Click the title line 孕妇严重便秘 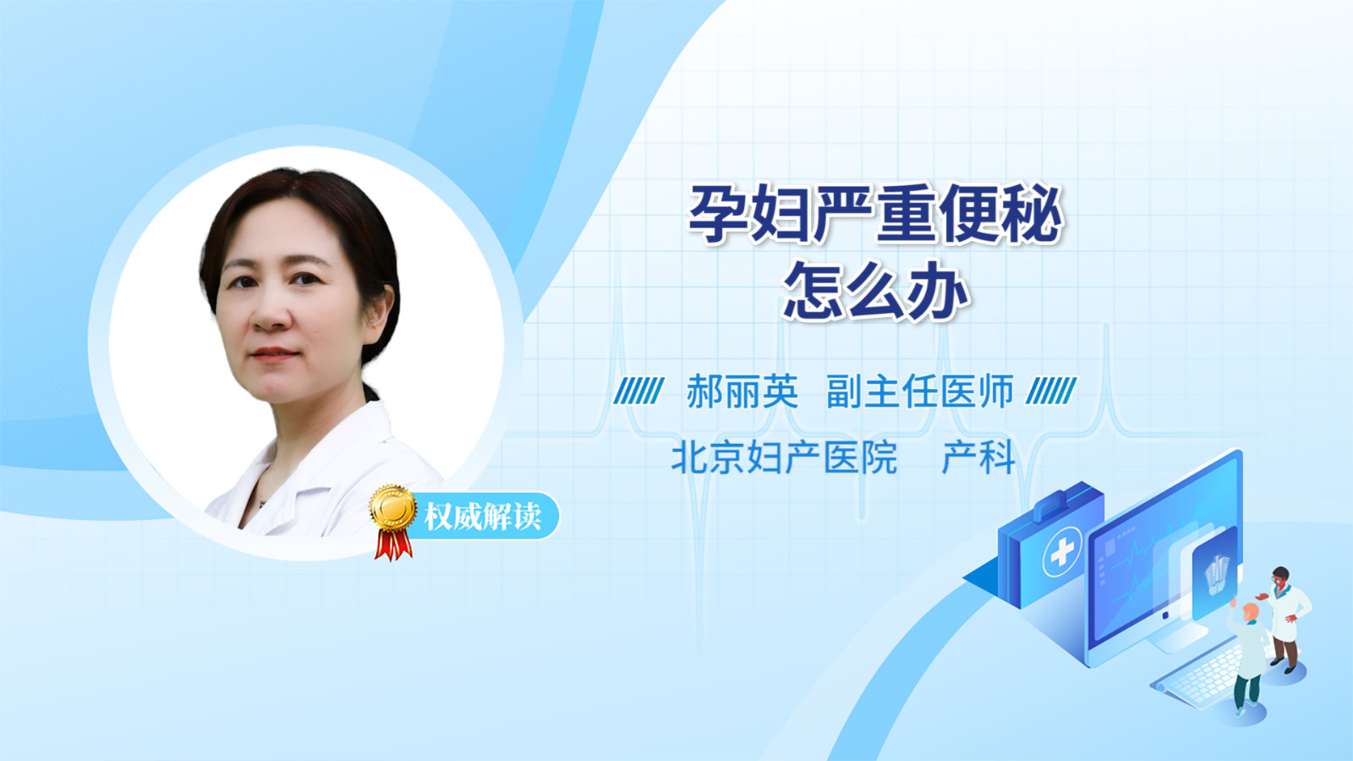[875, 215]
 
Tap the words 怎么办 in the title [876, 291]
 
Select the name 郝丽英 [742, 391]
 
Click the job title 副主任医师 [920, 391]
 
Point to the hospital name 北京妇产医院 [784, 457]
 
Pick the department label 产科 [978, 457]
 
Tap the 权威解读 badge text [482, 517]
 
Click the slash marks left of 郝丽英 [638, 391]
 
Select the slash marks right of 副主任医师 [1051, 391]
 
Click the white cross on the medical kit [1062, 552]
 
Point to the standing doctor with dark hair [1285, 620]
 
